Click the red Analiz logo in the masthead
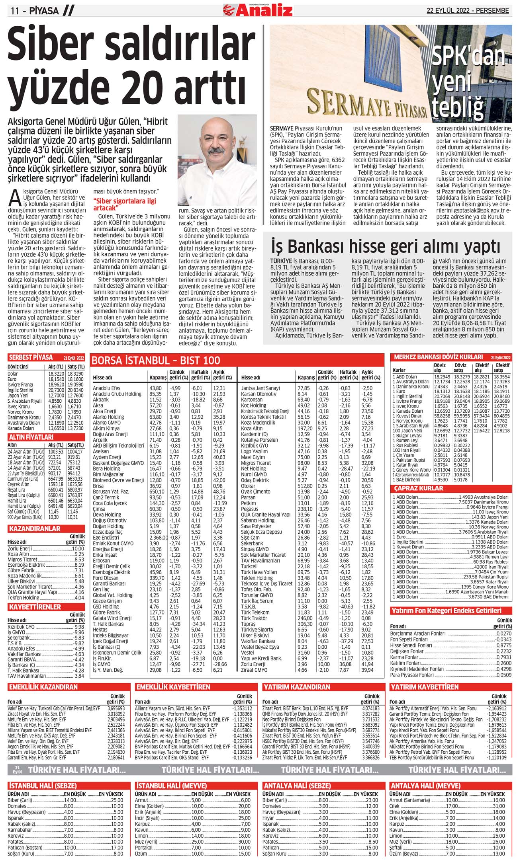tap(258, 10)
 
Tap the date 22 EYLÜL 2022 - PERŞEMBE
tap(468, 11)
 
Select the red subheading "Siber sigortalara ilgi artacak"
tap(124, 204)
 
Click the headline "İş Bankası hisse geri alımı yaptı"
tap(386, 246)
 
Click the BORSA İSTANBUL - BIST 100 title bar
tap(156, 361)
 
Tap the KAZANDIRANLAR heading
tap(34, 529)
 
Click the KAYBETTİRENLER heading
tap(35, 607)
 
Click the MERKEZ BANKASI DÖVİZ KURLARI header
tap(438, 357)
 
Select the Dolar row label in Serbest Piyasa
tap(13, 374)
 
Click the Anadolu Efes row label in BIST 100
tap(106, 388)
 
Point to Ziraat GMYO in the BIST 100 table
tap(254, 670)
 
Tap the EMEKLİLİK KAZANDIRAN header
tap(43, 687)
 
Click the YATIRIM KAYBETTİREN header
tap(425, 687)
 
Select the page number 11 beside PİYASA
tap(15, 11)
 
